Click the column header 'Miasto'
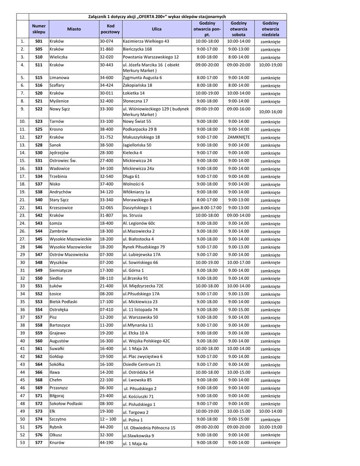[74, 29]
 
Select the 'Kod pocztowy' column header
[111, 29]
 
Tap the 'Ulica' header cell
[157, 29]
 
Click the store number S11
[39, 65]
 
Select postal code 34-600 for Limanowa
[106, 78]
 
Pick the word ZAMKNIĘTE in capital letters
[238, 137]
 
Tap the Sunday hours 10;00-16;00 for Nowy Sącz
[270, 111]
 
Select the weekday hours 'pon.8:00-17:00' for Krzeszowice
[207, 208]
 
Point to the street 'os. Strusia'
[133, 215]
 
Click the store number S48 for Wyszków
[39, 263]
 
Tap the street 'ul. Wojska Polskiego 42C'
[147, 340]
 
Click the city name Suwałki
[58, 349]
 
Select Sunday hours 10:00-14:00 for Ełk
[270, 411]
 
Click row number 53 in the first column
[22, 442]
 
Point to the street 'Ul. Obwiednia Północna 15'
[149, 428]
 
